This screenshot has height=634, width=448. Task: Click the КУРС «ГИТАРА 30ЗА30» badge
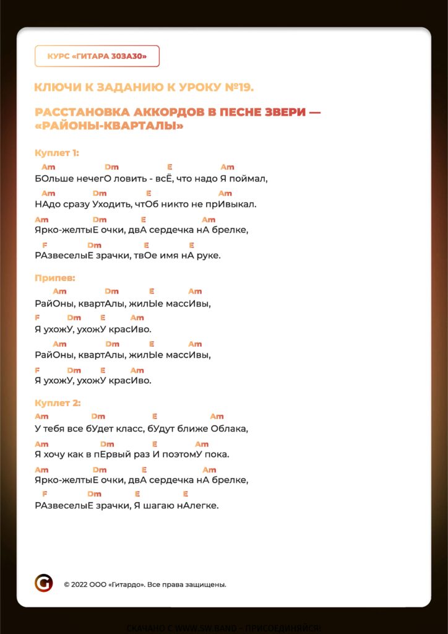pyautogui.click(x=97, y=56)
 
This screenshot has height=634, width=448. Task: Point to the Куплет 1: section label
pyautogui.click(x=57, y=153)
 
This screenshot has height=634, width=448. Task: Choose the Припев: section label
pyautogui.click(x=55, y=278)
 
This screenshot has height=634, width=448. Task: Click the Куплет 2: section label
pyautogui.click(x=58, y=403)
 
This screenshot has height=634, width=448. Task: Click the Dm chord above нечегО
pyautogui.click(x=111, y=167)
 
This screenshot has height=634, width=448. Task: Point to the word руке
pyautogui.click(x=208, y=255)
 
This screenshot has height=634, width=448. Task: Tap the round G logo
pyautogui.click(x=43, y=583)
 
